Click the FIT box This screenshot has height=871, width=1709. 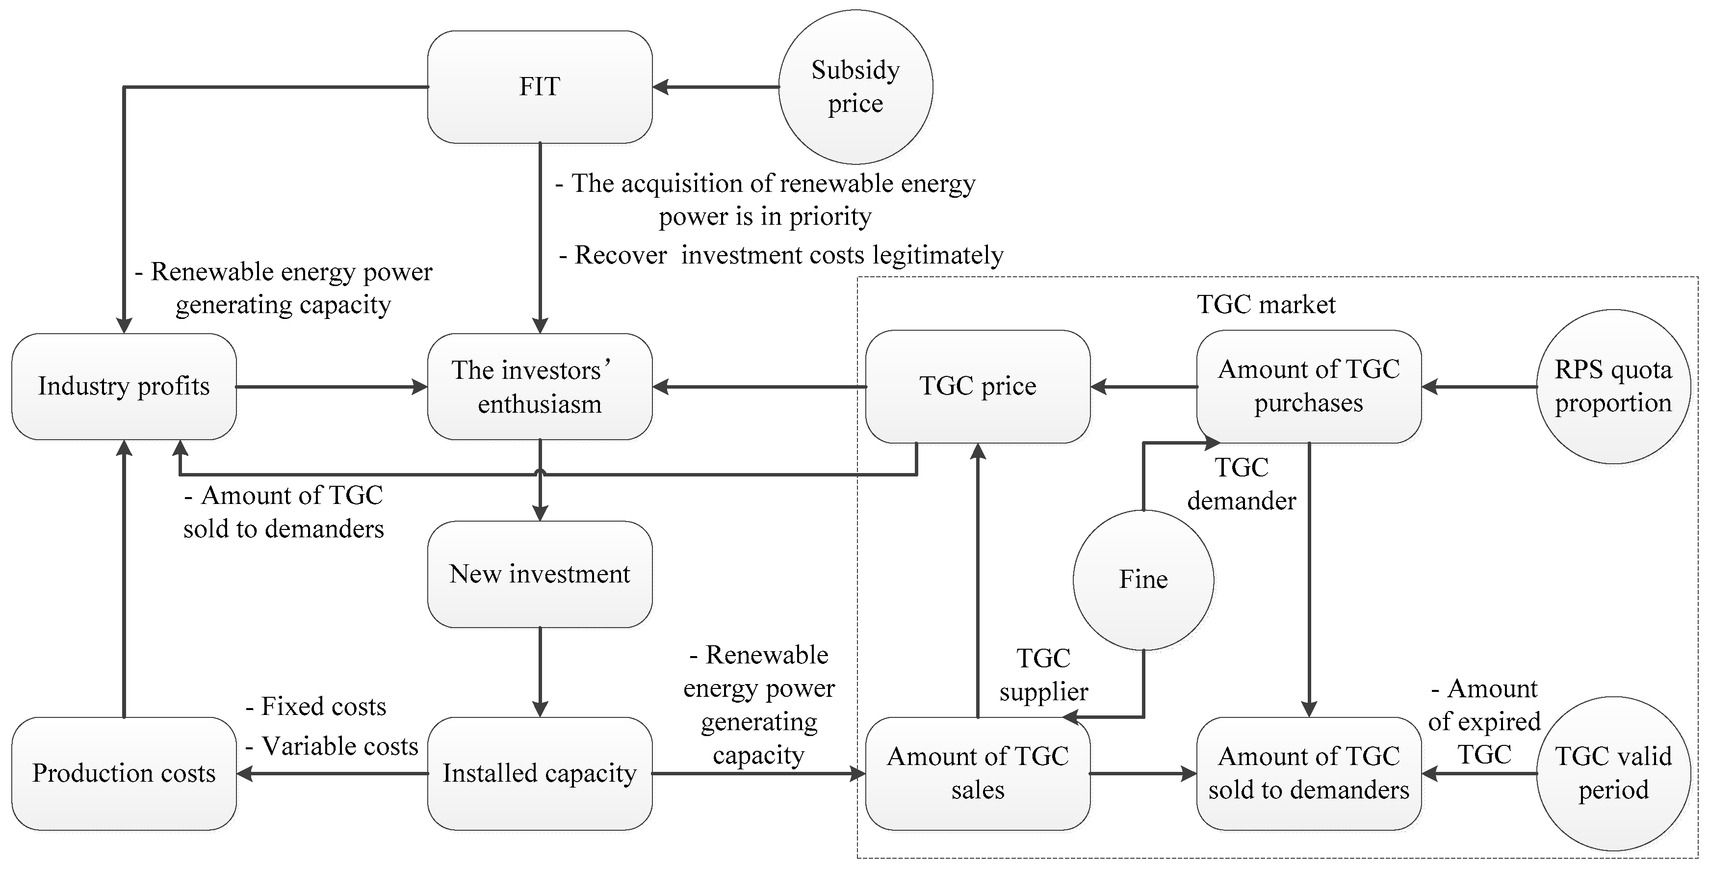click(540, 86)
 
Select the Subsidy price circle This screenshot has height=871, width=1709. click(855, 86)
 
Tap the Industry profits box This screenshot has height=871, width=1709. click(124, 386)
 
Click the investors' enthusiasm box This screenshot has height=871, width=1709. click(540, 386)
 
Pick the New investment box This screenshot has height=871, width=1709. click(540, 574)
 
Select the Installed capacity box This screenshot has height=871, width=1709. click(540, 773)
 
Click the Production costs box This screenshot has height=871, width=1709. click(124, 773)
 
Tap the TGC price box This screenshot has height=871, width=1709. click(977, 386)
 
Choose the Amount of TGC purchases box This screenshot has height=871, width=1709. click(1308, 386)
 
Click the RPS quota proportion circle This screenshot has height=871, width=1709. click(1613, 386)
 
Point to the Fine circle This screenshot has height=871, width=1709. click(1143, 580)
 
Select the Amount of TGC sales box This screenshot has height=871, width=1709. click(977, 773)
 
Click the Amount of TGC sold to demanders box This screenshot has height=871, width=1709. click(1308, 773)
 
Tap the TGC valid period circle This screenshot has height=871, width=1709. click(1613, 773)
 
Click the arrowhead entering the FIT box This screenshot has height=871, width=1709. click(660, 86)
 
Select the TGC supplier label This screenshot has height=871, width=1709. click(1043, 675)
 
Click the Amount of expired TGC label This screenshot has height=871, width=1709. click(1485, 722)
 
